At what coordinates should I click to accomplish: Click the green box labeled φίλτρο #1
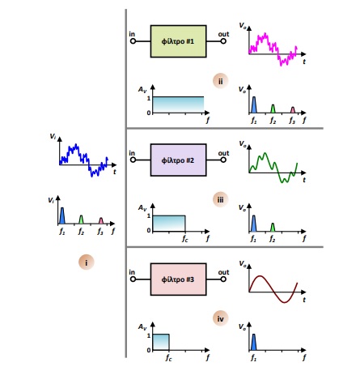178,41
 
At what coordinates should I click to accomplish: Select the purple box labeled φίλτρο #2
178,160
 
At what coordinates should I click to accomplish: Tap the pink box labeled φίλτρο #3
178,279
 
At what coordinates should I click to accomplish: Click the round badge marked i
87,262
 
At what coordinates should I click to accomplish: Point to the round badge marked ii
220,81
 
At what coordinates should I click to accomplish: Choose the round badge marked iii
220,199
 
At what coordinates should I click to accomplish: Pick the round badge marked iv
220,318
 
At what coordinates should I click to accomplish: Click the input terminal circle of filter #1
133,41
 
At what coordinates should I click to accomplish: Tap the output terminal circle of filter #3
223,279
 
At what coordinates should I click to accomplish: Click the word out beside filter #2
223,153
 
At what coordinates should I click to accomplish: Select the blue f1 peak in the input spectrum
62,215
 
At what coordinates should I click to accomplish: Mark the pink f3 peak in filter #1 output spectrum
293,110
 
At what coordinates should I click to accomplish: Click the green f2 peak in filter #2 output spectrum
273,228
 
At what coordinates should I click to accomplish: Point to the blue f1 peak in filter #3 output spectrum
253,342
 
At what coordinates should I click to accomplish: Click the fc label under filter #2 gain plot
184,238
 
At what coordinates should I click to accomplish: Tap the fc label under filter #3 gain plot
168,357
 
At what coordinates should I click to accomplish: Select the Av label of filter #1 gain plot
142,89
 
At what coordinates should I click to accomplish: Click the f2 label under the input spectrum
81,231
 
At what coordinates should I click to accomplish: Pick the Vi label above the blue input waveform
53,136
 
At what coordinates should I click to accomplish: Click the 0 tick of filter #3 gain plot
149,350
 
